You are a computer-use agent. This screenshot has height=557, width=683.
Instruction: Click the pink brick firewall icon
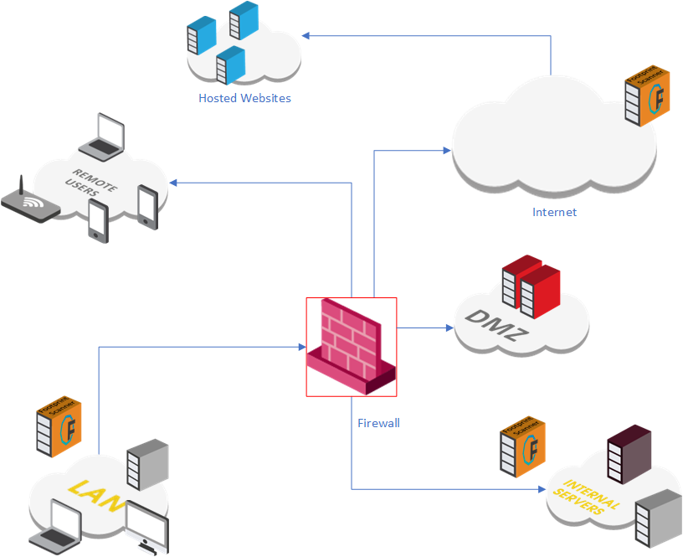point(351,346)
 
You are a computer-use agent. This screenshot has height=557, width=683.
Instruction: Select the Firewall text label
point(378,423)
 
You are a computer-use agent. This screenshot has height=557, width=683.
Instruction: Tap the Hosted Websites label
point(244,98)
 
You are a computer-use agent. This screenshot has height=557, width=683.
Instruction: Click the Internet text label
point(554,212)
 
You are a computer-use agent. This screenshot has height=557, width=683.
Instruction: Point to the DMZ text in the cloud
point(497,327)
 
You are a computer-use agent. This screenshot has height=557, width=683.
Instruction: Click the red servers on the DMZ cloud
point(530,286)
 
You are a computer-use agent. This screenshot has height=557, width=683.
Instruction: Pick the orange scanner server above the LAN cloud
point(59,426)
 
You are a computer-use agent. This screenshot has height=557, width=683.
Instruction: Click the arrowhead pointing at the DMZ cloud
point(448,327)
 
